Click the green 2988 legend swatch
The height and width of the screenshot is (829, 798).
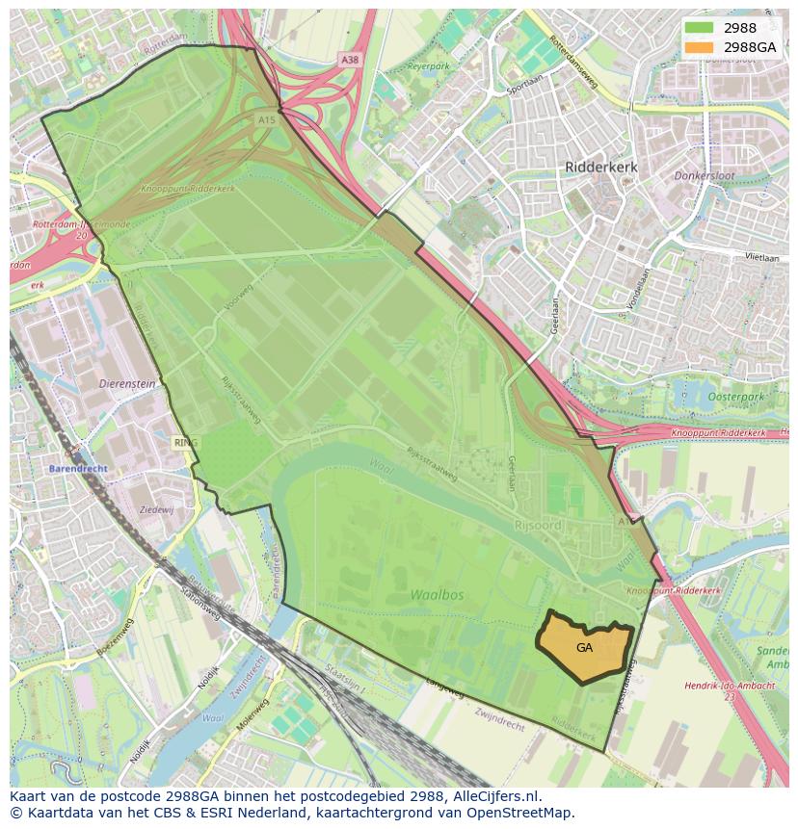click(x=699, y=28)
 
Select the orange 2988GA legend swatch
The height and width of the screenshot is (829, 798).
click(x=699, y=47)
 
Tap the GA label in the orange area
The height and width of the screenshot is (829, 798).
click(x=584, y=648)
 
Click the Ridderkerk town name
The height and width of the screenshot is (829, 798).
click(x=600, y=167)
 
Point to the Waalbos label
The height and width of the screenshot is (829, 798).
click(x=437, y=595)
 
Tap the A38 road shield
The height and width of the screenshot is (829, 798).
click(x=350, y=60)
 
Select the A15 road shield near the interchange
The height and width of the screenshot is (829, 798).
click(x=266, y=119)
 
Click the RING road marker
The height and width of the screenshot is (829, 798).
click(x=185, y=443)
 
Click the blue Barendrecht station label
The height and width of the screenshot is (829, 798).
click(x=78, y=468)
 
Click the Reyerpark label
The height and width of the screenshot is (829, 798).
click(x=428, y=67)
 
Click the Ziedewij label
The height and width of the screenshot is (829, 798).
click(x=156, y=509)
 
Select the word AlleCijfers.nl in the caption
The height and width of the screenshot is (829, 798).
click(x=495, y=797)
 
